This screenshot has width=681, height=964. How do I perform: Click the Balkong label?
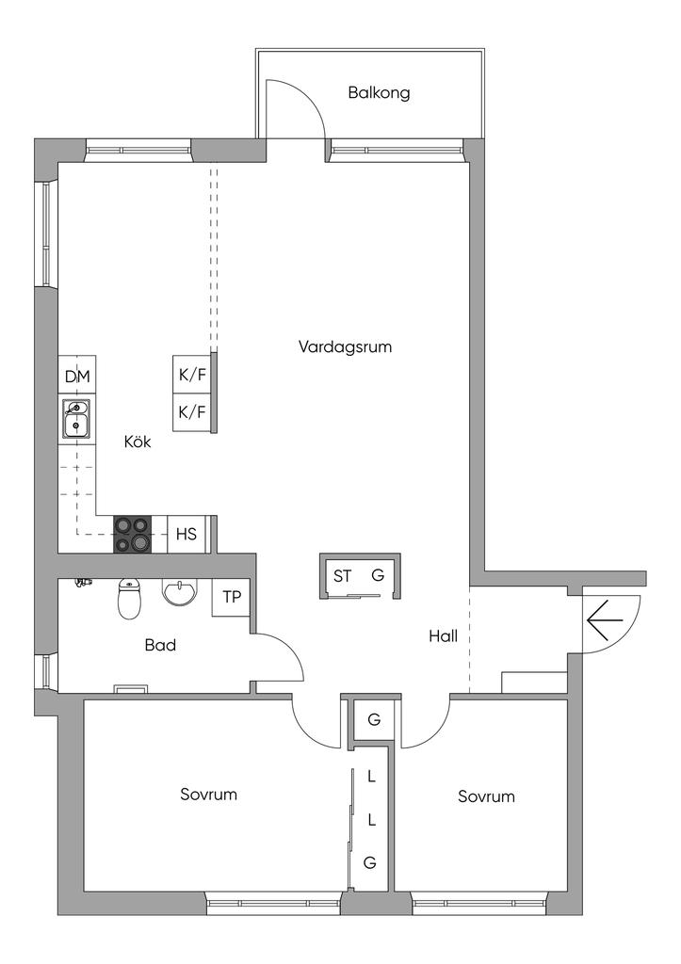tap(379, 93)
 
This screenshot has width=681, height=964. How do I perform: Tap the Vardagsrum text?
tap(345, 346)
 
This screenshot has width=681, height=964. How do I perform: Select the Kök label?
tap(137, 441)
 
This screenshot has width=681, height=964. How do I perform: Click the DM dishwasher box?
tap(77, 377)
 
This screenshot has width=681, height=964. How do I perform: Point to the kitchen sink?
tap(76, 419)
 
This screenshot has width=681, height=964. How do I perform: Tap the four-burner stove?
tap(133, 534)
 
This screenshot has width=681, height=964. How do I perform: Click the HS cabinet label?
tap(186, 534)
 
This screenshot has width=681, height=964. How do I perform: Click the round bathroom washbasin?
tap(180, 592)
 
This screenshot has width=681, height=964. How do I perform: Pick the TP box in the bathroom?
tap(231, 597)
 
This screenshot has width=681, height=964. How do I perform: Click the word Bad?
tap(160, 646)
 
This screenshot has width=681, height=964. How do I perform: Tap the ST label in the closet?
tap(342, 575)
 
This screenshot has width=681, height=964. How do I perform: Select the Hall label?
tap(443, 636)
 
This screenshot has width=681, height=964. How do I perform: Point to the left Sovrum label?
tap(208, 794)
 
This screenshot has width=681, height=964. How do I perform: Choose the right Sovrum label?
tap(486, 796)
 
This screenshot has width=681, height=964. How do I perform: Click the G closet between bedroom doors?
tap(374, 720)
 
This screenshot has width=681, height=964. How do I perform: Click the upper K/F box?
tap(192, 375)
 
